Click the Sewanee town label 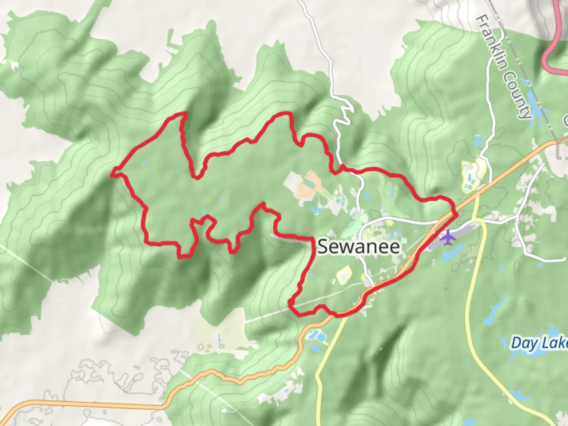click(359, 247)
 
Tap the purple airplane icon click(447, 238)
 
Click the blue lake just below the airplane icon click(454, 253)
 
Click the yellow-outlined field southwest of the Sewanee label click(343, 275)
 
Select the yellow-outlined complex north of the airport click(473, 176)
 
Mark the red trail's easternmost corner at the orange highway click(456, 214)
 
